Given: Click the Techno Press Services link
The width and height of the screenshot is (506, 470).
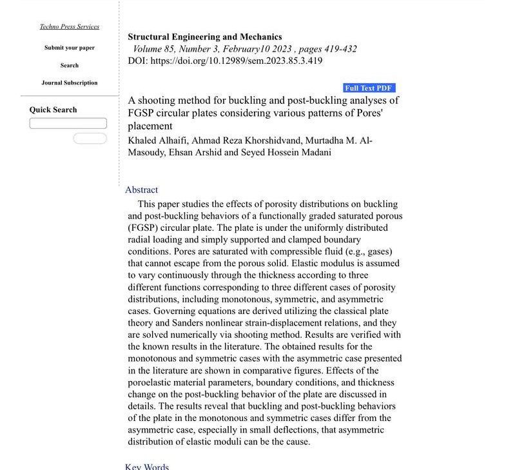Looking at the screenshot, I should click(x=70, y=26).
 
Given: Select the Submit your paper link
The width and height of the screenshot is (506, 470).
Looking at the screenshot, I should click(x=70, y=48).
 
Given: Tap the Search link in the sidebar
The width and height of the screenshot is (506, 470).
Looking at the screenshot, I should click(x=70, y=65).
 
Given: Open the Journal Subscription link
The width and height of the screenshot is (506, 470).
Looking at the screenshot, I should click(x=70, y=83).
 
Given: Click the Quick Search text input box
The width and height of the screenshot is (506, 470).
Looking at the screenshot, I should click(x=68, y=123).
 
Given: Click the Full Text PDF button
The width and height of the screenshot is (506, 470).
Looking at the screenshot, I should click(x=369, y=88).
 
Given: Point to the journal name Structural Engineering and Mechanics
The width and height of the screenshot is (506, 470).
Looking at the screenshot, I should click(x=204, y=37).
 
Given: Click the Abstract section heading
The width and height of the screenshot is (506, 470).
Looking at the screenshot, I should click(x=141, y=190).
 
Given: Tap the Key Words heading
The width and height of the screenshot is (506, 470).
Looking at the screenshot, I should click(x=147, y=466).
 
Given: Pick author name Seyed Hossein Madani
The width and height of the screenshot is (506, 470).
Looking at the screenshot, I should click(x=286, y=152).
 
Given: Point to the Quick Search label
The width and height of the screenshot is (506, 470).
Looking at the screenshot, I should click(x=53, y=110).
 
